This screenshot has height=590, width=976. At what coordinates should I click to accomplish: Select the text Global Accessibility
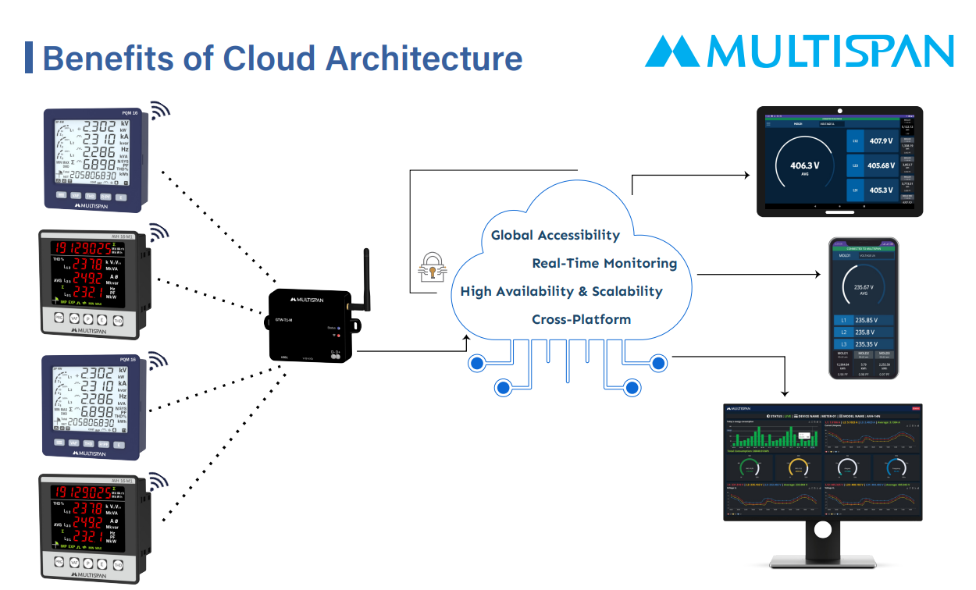click(555, 235)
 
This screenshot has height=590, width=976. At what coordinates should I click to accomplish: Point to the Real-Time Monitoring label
click(604, 263)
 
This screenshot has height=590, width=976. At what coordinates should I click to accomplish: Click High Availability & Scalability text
click(561, 291)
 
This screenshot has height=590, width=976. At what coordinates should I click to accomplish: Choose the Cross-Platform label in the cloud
click(581, 319)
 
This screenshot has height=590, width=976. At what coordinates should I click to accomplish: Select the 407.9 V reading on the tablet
click(879, 141)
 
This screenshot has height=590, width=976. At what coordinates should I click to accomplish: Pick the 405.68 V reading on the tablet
click(879, 165)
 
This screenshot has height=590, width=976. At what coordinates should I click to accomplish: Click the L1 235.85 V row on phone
click(863, 320)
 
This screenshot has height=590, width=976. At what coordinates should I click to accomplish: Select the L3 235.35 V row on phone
click(863, 343)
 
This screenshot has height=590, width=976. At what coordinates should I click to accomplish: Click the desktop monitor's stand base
click(821, 560)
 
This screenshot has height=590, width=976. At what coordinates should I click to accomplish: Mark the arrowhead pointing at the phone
click(817, 275)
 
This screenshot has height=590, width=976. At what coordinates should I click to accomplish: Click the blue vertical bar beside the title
click(29, 58)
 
